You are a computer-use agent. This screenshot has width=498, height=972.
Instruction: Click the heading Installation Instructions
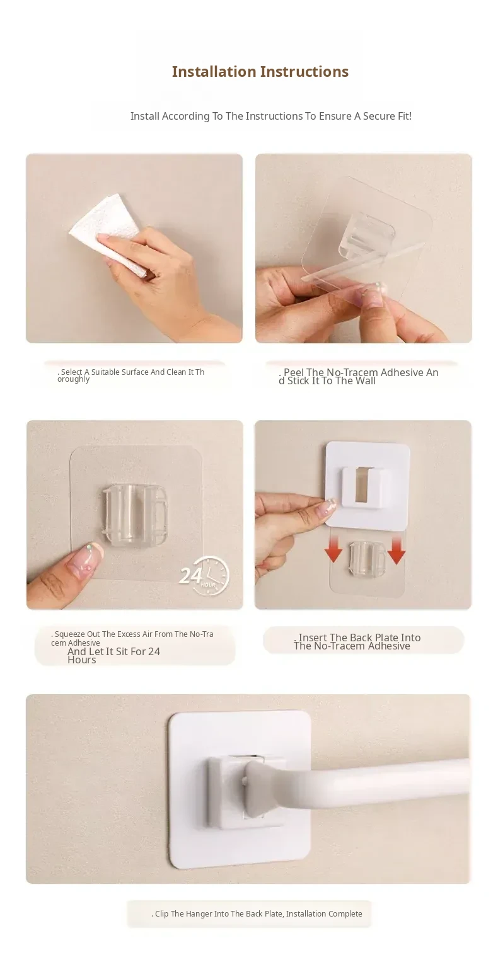[260, 72]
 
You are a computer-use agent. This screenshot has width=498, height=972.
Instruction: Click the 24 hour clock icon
[204, 575]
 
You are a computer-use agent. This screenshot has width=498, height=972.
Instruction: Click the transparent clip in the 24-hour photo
[135, 515]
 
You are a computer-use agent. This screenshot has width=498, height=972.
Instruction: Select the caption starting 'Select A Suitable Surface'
[130, 375]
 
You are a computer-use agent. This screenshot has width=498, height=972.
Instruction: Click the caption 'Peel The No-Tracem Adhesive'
[359, 376]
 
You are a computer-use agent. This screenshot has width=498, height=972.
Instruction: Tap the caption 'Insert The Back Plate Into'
[357, 641]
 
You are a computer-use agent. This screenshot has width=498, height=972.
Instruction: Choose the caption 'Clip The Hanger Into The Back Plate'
[257, 913]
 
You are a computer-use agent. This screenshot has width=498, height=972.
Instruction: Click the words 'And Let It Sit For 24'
[113, 651]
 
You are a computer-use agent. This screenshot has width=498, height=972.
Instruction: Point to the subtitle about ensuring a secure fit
[271, 117]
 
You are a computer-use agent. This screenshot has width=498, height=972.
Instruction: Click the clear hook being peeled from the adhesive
[368, 236]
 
